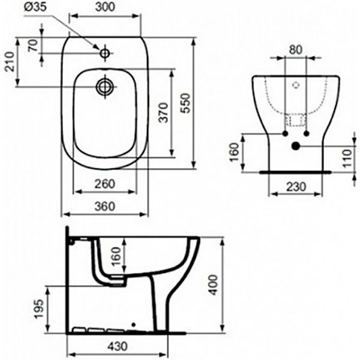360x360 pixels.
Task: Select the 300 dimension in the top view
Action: (x=105, y=8)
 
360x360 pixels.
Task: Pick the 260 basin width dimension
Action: (x=105, y=185)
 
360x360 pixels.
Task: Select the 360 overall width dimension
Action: (x=105, y=206)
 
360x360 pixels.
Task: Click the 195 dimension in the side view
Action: (x=37, y=309)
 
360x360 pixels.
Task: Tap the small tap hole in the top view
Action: (x=105, y=54)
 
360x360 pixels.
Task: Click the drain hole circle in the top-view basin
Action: (x=105, y=86)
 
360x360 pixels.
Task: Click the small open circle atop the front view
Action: (x=295, y=86)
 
